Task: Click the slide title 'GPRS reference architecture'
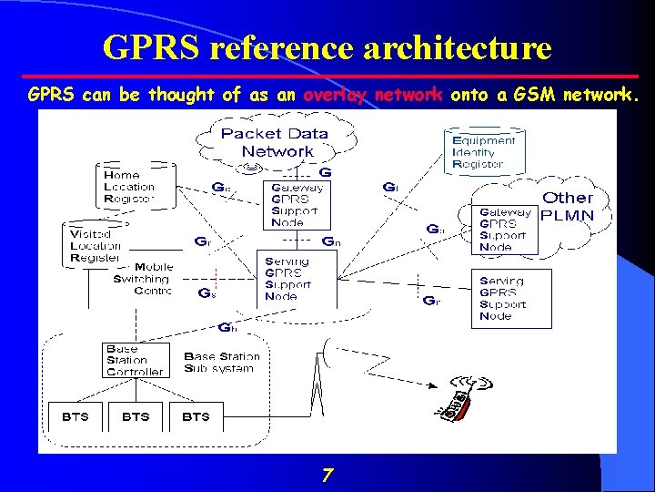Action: [327, 46]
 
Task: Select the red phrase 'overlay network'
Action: [372, 94]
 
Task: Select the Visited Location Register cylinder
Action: [96, 245]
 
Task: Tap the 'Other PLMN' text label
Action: [568, 207]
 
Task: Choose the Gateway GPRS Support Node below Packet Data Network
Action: [296, 203]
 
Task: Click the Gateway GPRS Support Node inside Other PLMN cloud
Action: [507, 229]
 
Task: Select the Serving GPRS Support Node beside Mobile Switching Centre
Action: [297, 278]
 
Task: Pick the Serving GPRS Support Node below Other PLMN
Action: [511, 299]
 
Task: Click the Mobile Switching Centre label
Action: [140, 279]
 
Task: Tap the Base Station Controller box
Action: [136, 360]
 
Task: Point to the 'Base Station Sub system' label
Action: [221, 362]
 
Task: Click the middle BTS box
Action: [135, 416]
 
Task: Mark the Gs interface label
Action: [207, 293]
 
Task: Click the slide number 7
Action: [327, 474]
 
